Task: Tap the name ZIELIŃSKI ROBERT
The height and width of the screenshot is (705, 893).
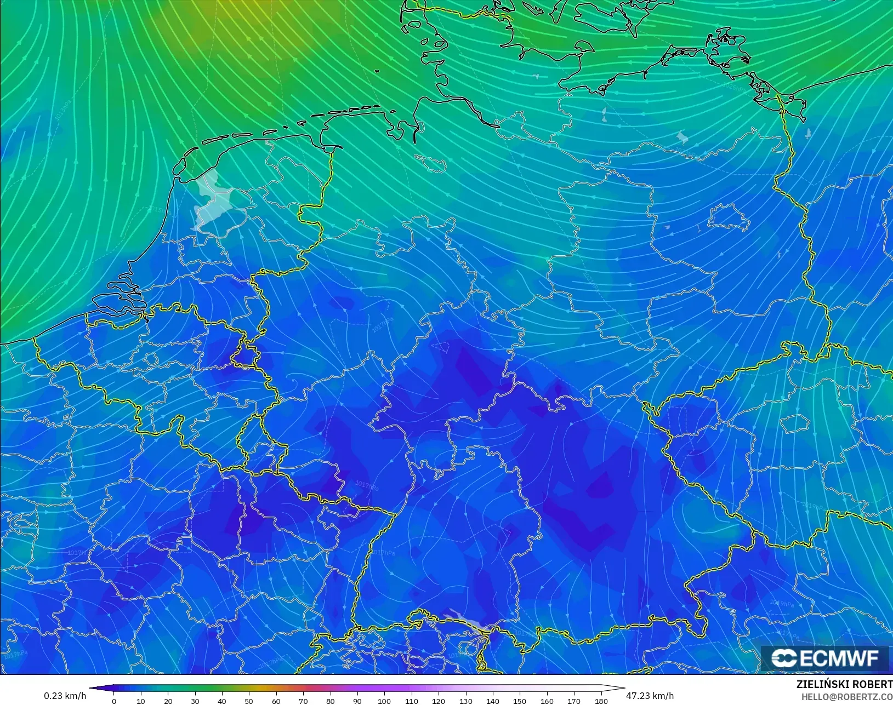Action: [x=844, y=684]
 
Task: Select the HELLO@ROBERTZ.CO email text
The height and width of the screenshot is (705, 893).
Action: [x=847, y=697]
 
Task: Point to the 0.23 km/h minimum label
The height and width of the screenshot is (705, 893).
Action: [x=65, y=696]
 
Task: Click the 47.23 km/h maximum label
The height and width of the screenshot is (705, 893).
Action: [x=650, y=696]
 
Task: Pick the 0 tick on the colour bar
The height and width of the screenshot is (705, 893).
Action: [x=114, y=701]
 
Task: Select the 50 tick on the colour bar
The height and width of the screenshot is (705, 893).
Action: [x=249, y=701]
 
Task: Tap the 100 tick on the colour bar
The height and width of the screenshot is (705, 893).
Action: [x=384, y=701]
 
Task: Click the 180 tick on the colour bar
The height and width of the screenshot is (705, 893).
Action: [x=601, y=701]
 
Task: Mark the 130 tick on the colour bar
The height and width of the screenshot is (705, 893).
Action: [x=465, y=701]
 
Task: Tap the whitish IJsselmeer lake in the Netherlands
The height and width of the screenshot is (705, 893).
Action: [x=211, y=200]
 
